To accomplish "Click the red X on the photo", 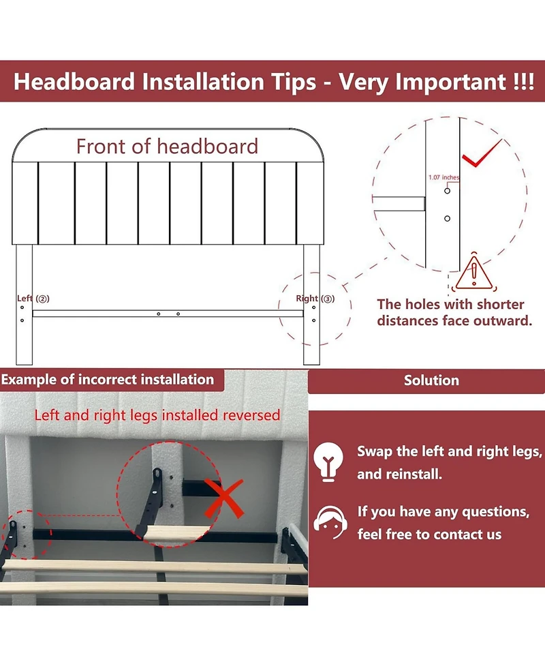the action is click(x=224, y=498).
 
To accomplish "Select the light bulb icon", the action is click(x=328, y=461).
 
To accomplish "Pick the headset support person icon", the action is click(x=329, y=522).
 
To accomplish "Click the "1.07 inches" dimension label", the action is click(x=444, y=177).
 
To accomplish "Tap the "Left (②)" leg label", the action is click(x=33, y=299).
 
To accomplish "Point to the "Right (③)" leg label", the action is click(x=315, y=299).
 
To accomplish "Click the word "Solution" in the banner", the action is click(x=431, y=380).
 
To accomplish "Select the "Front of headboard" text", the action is click(x=167, y=147).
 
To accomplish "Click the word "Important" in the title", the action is click(x=451, y=82).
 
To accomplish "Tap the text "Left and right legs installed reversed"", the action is click(x=157, y=415).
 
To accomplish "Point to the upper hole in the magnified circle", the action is click(x=447, y=191).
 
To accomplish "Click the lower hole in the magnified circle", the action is click(x=447, y=218).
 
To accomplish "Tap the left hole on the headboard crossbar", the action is click(x=158, y=314).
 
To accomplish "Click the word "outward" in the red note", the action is click(x=503, y=320).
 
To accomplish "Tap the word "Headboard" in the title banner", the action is click(x=74, y=82).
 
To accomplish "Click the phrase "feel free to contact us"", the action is click(x=429, y=534).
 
